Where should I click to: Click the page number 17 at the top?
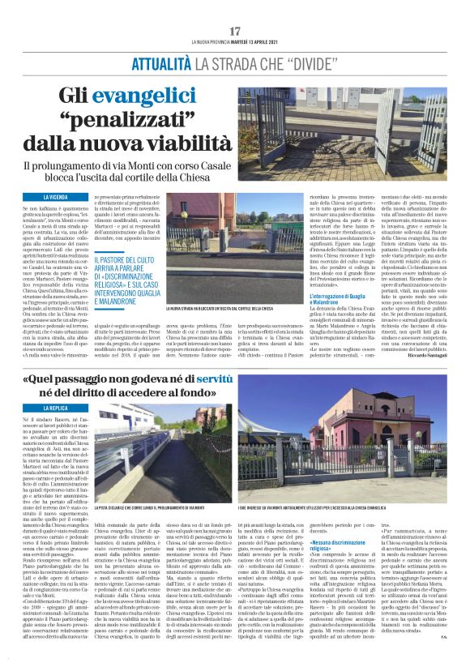pyautogui.click(x=235, y=30)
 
